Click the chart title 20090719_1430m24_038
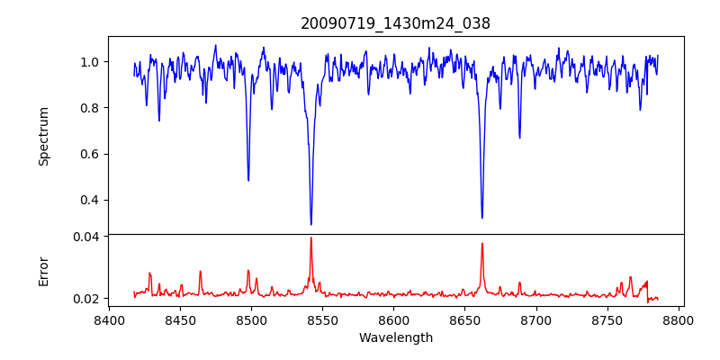tap(395, 23)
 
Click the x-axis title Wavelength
tap(395, 337)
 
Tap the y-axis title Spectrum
tap(43, 136)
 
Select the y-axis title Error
tap(43, 271)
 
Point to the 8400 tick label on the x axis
tap(109, 319)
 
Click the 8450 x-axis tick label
tap(180, 319)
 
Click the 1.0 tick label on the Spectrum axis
tap(90, 62)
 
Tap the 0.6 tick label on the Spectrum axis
tap(90, 154)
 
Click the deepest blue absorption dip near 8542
tap(311, 224)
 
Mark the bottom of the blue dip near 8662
tap(481, 217)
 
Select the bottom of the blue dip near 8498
tap(248, 180)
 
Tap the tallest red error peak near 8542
tap(310, 238)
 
